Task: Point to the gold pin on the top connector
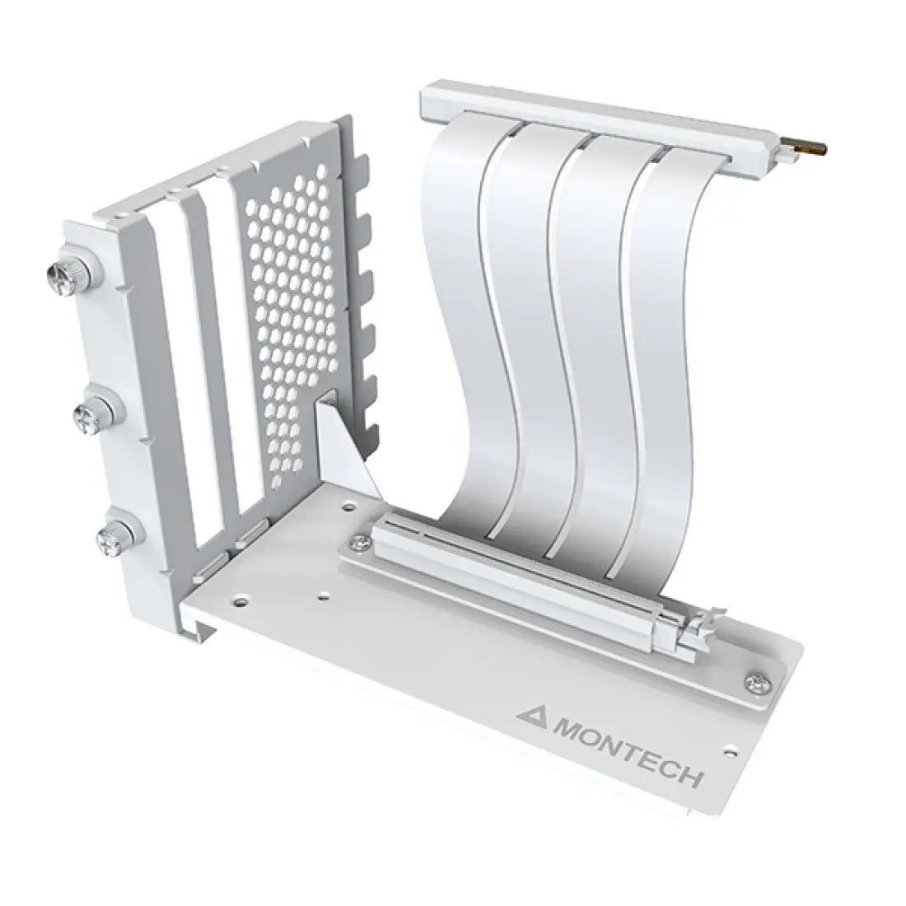pyautogui.click(x=801, y=147)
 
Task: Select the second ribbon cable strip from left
pyautogui.click(x=527, y=329)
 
